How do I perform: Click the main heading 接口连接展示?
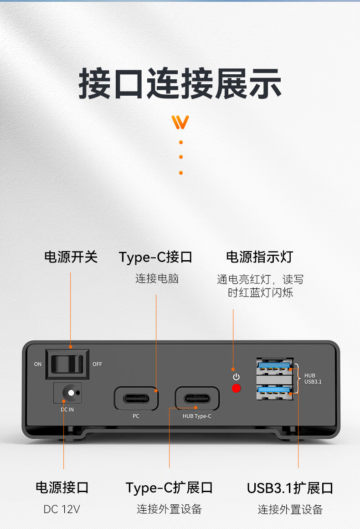pyautogui.click(x=180, y=83)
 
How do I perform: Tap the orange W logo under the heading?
pyautogui.click(x=180, y=122)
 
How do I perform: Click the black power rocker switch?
pyautogui.click(x=67, y=364)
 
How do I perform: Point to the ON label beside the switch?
pyautogui.click(x=38, y=364)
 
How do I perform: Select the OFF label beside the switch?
pyautogui.click(x=97, y=364)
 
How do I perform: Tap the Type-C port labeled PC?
pyautogui.click(x=136, y=398)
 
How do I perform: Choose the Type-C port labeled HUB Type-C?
pyautogui.click(x=197, y=398)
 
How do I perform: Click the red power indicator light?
pyautogui.click(x=236, y=388)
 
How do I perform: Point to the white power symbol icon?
pyautogui.click(x=236, y=376)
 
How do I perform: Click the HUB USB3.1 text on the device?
pyautogui.click(x=313, y=379)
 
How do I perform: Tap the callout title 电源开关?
pyautogui.click(x=71, y=257)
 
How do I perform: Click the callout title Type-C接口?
pyautogui.click(x=155, y=257)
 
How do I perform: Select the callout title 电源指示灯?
pyautogui.click(x=259, y=257)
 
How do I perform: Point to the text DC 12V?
pyautogui.click(x=62, y=509)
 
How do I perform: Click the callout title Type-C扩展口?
pyautogui.click(x=169, y=488)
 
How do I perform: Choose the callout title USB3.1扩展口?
pyautogui.click(x=290, y=488)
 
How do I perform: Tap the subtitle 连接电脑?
pyautogui.click(x=157, y=279)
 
